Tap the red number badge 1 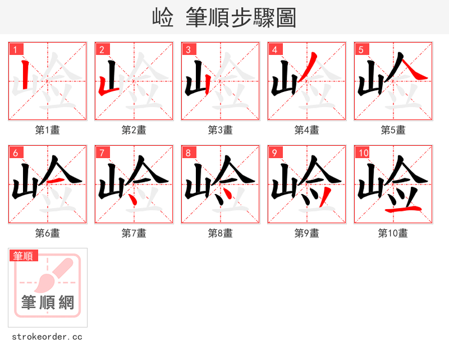point(15,49)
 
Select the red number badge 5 point(361,49)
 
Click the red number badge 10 point(363,153)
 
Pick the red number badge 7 point(102,153)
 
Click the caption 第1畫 point(47,130)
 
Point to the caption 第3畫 point(220,130)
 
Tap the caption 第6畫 point(47,233)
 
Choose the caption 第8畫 point(220,233)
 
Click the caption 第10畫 point(393,233)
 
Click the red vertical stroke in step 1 point(25,76)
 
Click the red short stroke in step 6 point(54,181)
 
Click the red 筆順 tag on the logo point(24,256)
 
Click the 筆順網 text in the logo point(47,303)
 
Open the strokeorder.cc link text point(47,337)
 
